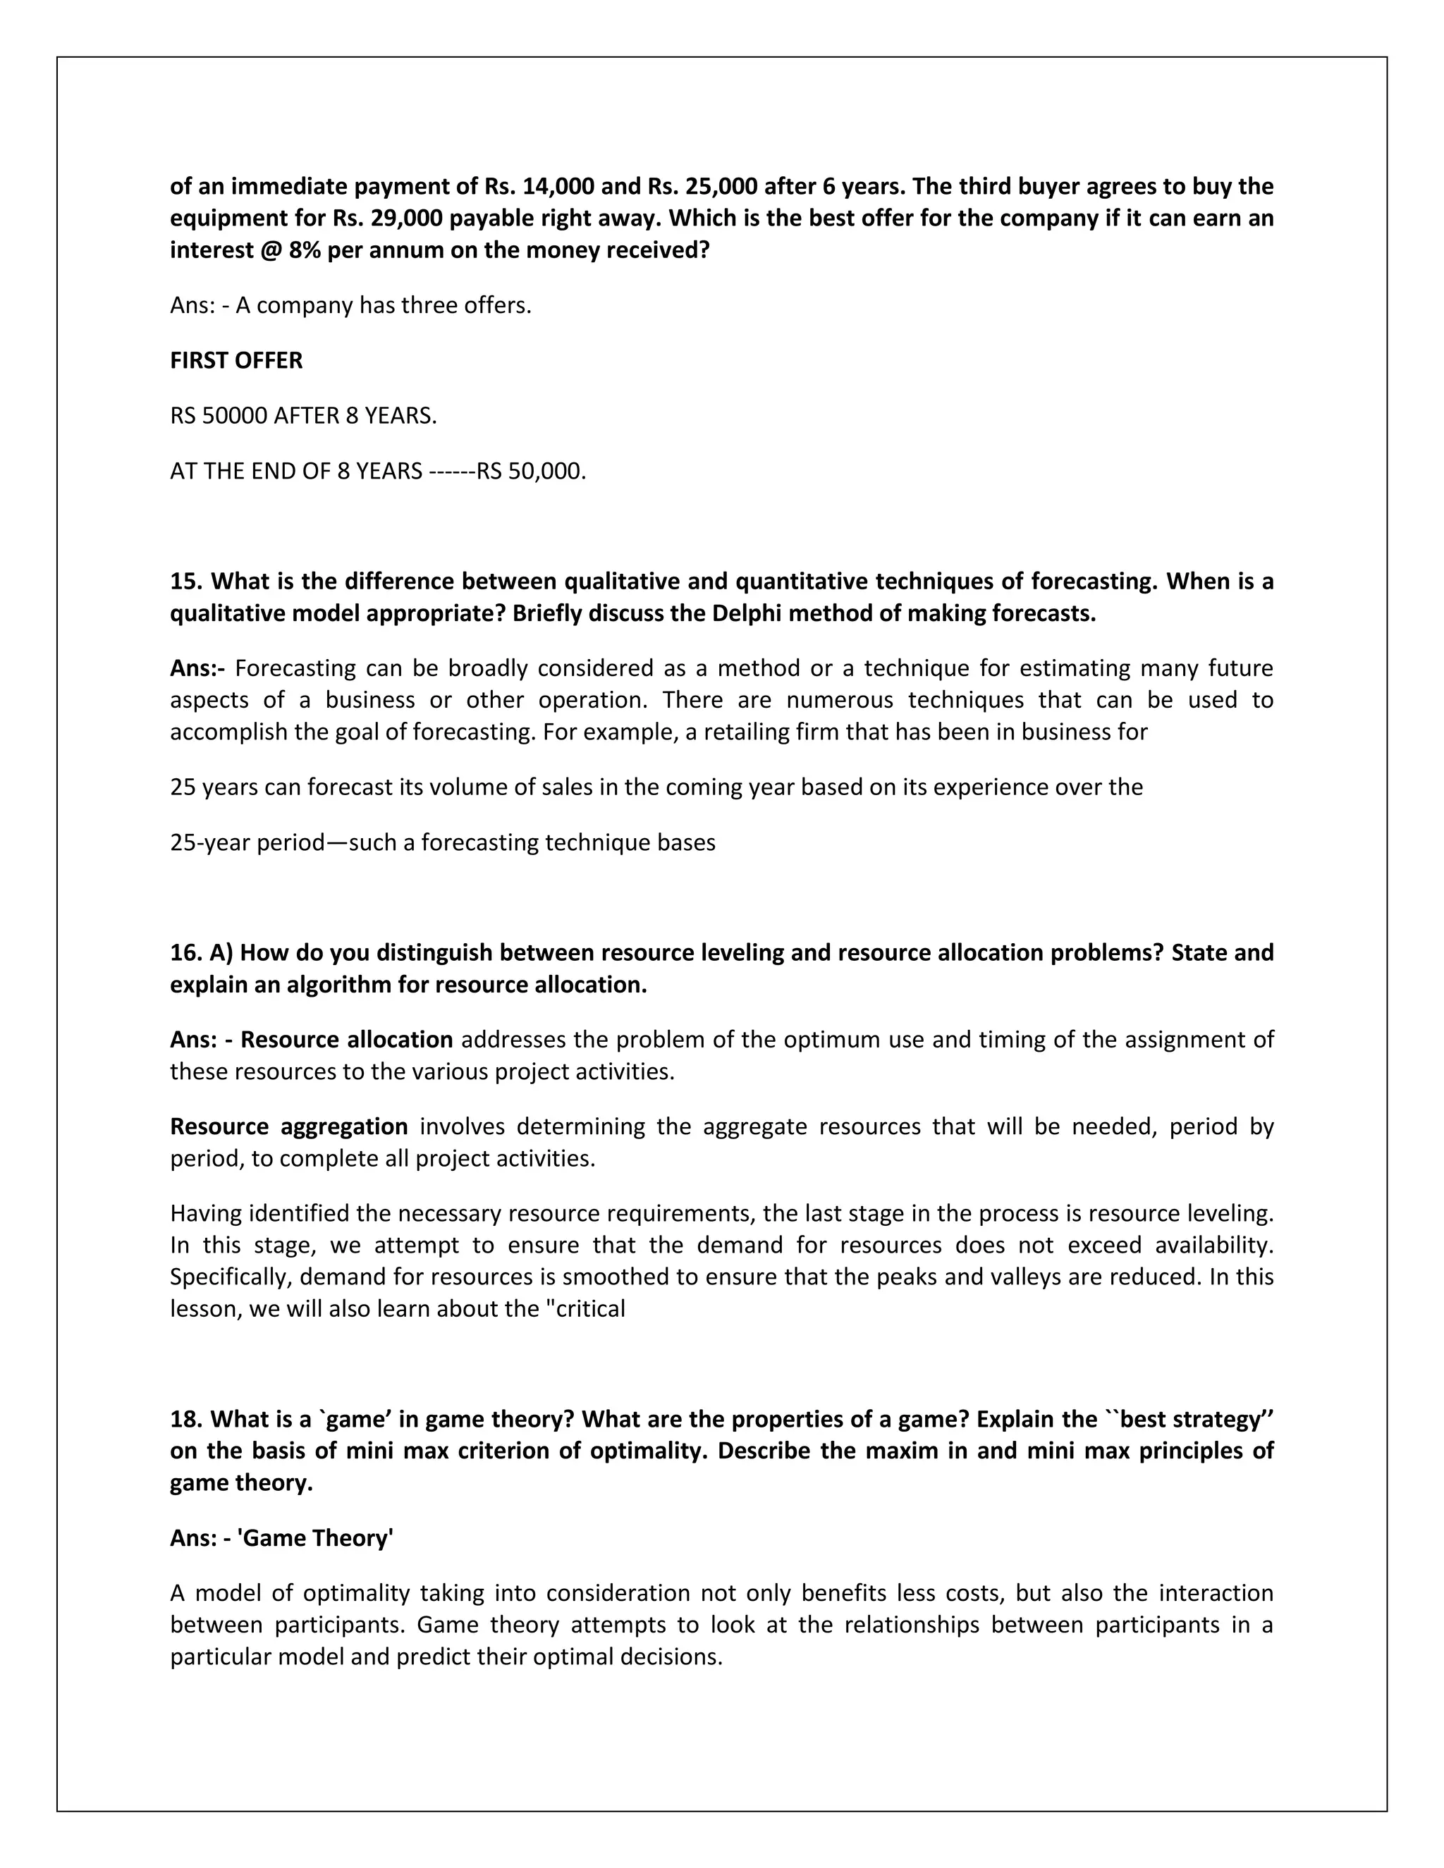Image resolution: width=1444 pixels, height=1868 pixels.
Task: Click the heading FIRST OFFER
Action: coord(236,360)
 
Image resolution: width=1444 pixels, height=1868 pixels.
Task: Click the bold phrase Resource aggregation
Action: coord(289,1126)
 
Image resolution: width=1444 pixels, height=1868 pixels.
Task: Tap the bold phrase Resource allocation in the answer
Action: coord(346,1039)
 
